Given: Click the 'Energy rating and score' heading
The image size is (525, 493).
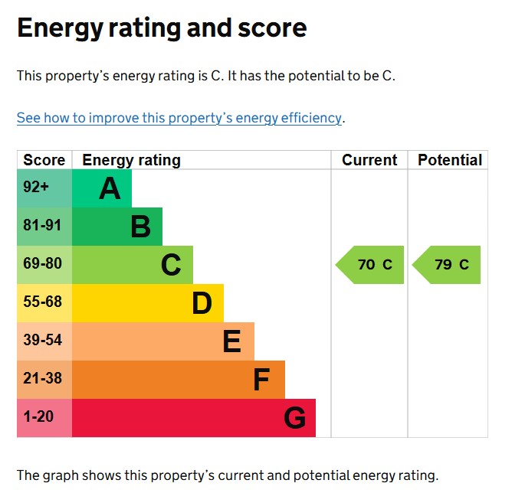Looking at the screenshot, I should pos(162,28).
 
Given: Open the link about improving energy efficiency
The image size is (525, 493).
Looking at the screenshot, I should pos(179,118).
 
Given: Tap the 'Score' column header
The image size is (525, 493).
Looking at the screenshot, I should pos(44,160).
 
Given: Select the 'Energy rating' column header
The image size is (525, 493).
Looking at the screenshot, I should pos(132,160).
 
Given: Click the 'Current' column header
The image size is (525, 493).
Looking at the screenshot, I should pos(369,160).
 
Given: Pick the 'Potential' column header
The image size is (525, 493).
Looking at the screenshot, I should pos(450,160).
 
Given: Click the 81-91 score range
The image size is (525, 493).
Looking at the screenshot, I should pos(42,227).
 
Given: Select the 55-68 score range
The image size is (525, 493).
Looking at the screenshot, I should pos(42,302).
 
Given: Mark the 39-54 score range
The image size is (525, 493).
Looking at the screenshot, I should pos(42,341).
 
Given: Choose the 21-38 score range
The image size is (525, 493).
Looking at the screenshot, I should pos(42,379).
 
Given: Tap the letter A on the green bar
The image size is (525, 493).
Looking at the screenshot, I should pos(110,188).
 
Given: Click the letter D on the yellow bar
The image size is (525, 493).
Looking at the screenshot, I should pos(202,303).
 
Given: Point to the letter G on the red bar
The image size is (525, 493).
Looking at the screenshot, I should pos(294,418).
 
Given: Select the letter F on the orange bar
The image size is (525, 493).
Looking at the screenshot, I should pos(261,380).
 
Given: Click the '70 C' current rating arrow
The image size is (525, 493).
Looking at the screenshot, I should pos(371,265).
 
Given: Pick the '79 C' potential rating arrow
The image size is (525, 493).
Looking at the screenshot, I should pos(448,265).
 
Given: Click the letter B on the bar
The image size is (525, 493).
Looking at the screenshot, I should pos(140,227).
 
